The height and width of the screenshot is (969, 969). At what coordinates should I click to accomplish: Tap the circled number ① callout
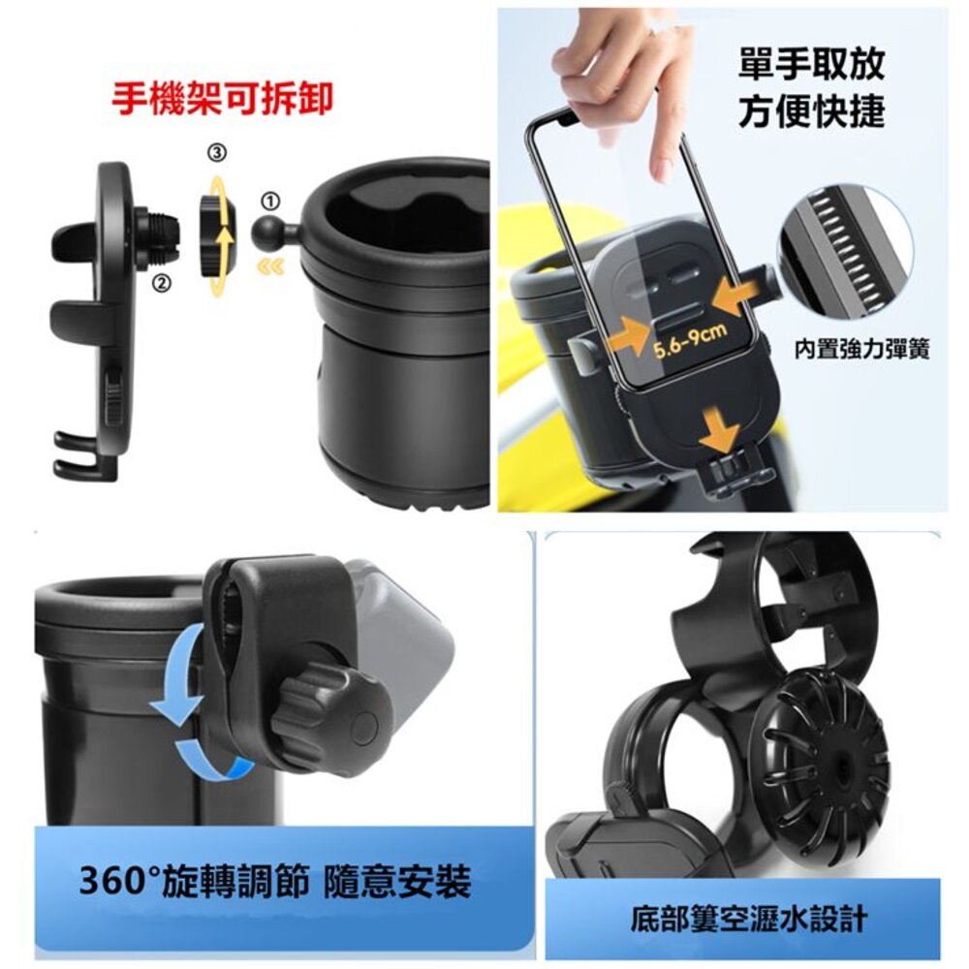coord(271,202)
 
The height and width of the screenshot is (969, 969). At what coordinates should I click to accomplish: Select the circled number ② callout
coord(161,284)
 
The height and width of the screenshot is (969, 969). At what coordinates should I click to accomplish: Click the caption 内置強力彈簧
coord(861,350)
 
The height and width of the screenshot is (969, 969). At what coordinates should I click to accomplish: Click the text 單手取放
coord(812,64)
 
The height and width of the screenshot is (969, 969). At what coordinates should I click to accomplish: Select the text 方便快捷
coord(812,110)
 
